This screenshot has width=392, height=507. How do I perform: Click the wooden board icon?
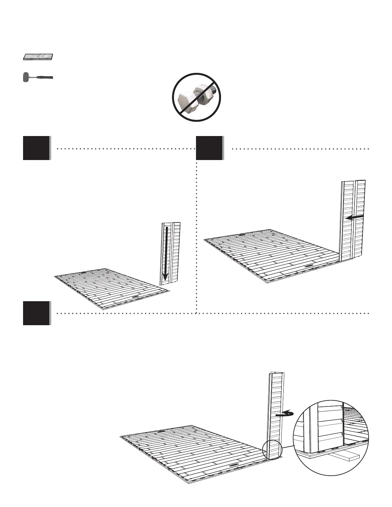point(38,57)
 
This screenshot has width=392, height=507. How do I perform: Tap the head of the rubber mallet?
point(26,77)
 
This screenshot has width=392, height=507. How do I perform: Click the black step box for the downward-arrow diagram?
point(36,148)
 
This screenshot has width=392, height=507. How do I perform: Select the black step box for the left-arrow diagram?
point(209,148)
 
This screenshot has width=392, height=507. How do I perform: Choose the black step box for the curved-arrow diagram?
point(36,313)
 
